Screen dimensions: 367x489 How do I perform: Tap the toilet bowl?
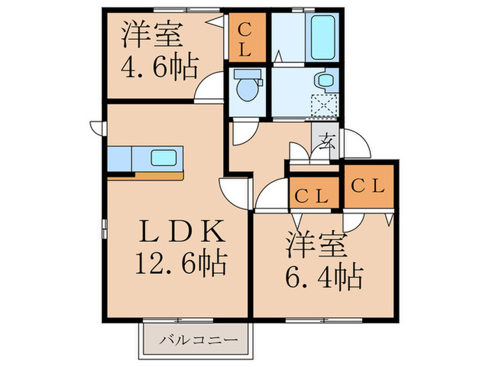pyautogui.click(x=247, y=87)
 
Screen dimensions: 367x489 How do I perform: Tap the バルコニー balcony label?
pyautogui.click(x=197, y=341)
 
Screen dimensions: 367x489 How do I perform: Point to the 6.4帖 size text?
pyautogui.click(x=323, y=276)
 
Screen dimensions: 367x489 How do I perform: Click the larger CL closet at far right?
pyautogui.click(x=368, y=187)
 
